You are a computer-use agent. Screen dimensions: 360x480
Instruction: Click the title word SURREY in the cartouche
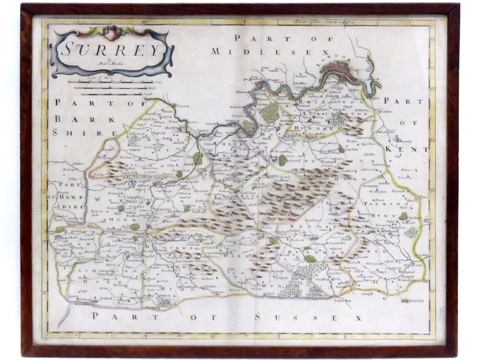pos(111,49)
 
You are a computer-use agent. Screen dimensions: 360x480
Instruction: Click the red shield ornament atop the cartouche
pos(112,33)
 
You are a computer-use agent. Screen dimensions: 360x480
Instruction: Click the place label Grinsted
pos(416,301)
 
